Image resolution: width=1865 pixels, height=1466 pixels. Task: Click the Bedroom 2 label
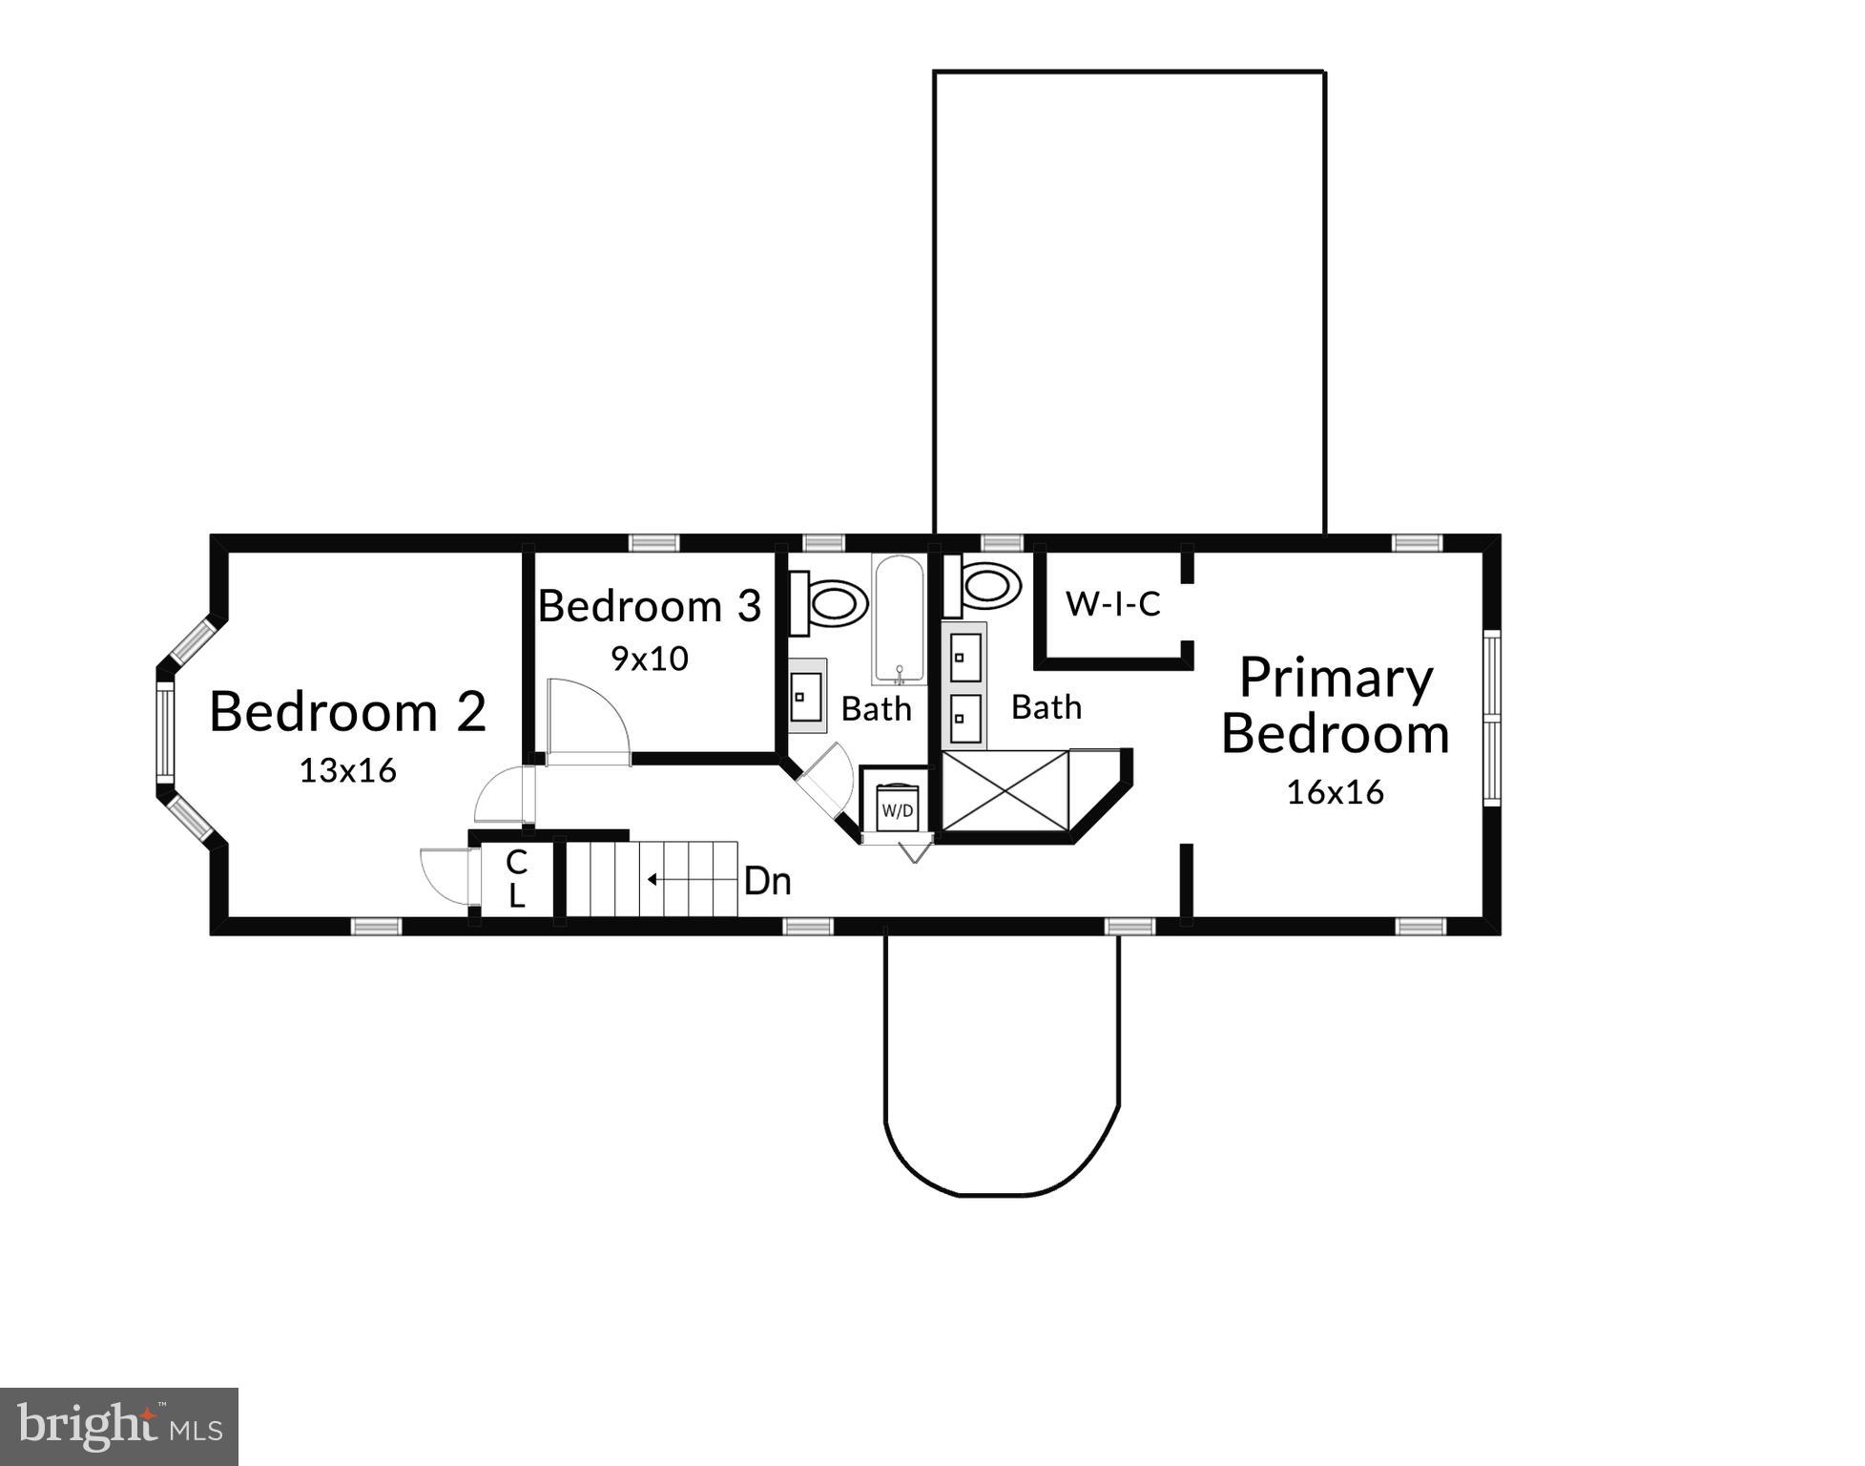coord(347,712)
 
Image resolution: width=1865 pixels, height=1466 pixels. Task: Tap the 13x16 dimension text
coord(347,770)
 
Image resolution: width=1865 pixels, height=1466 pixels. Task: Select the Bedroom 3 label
coord(650,606)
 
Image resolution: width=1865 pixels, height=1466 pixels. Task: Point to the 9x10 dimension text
coord(650,659)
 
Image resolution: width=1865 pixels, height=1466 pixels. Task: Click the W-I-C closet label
coord(1112,604)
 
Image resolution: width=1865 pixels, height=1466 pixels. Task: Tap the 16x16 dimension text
coord(1335,792)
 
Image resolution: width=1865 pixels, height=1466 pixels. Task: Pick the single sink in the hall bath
coord(807,697)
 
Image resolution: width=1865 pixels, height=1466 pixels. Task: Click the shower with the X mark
coord(1005,790)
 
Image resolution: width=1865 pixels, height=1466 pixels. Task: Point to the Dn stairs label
coord(767,881)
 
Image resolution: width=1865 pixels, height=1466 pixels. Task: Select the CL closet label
coord(516,879)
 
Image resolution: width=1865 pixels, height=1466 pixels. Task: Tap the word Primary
coord(1336,679)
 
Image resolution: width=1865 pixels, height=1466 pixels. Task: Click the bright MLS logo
coord(119,1426)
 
